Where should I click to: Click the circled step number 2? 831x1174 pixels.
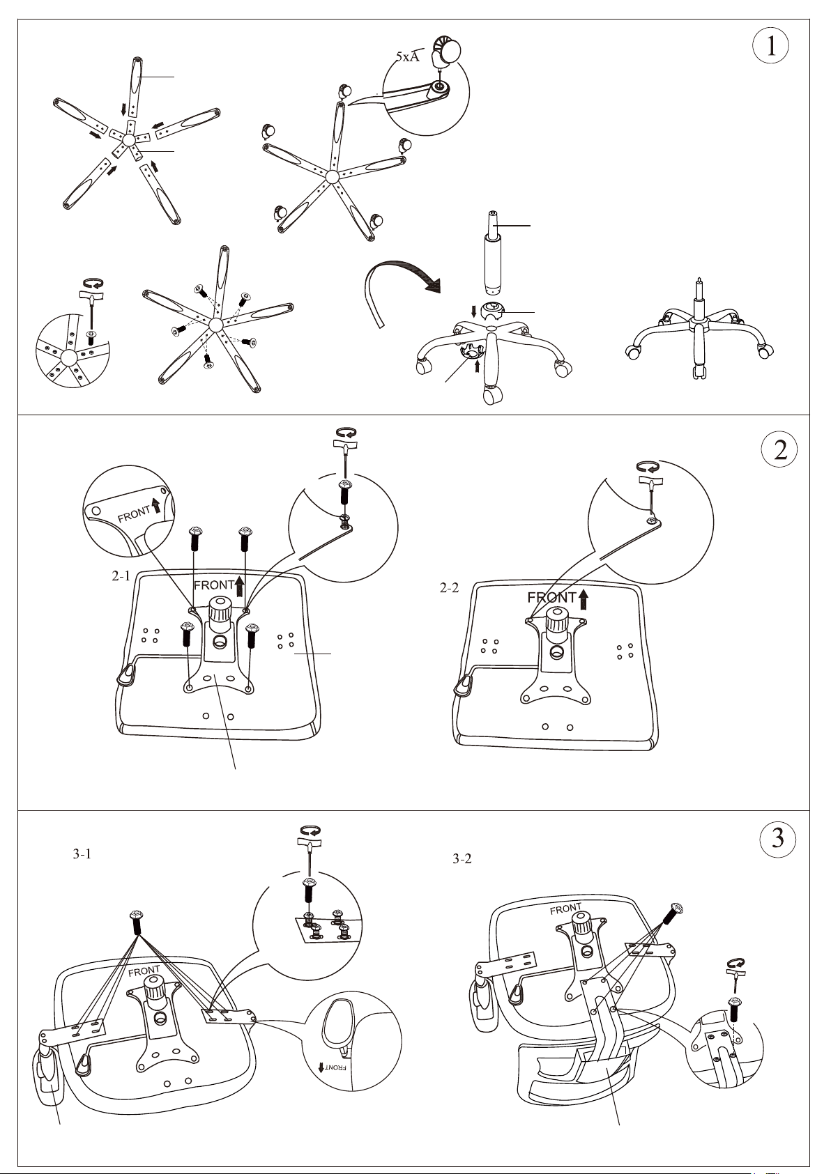pyautogui.click(x=780, y=449)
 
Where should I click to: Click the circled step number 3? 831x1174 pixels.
pyautogui.click(x=778, y=838)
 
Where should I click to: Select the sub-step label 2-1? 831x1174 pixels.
pyautogui.click(x=121, y=576)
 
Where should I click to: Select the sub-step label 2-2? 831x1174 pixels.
pyautogui.click(x=449, y=588)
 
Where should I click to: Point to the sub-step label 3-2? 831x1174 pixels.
pyautogui.click(x=462, y=859)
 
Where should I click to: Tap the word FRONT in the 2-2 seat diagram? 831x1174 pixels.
pyautogui.click(x=551, y=598)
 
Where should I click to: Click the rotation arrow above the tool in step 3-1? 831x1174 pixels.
pyautogui.click(x=310, y=831)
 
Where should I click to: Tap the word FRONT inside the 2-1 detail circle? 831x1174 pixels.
pyautogui.click(x=134, y=515)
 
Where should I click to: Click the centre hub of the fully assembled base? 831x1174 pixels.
pyautogui.click(x=698, y=320)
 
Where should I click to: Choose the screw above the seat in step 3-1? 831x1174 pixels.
pyautogui.click(x=137, y=923)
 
